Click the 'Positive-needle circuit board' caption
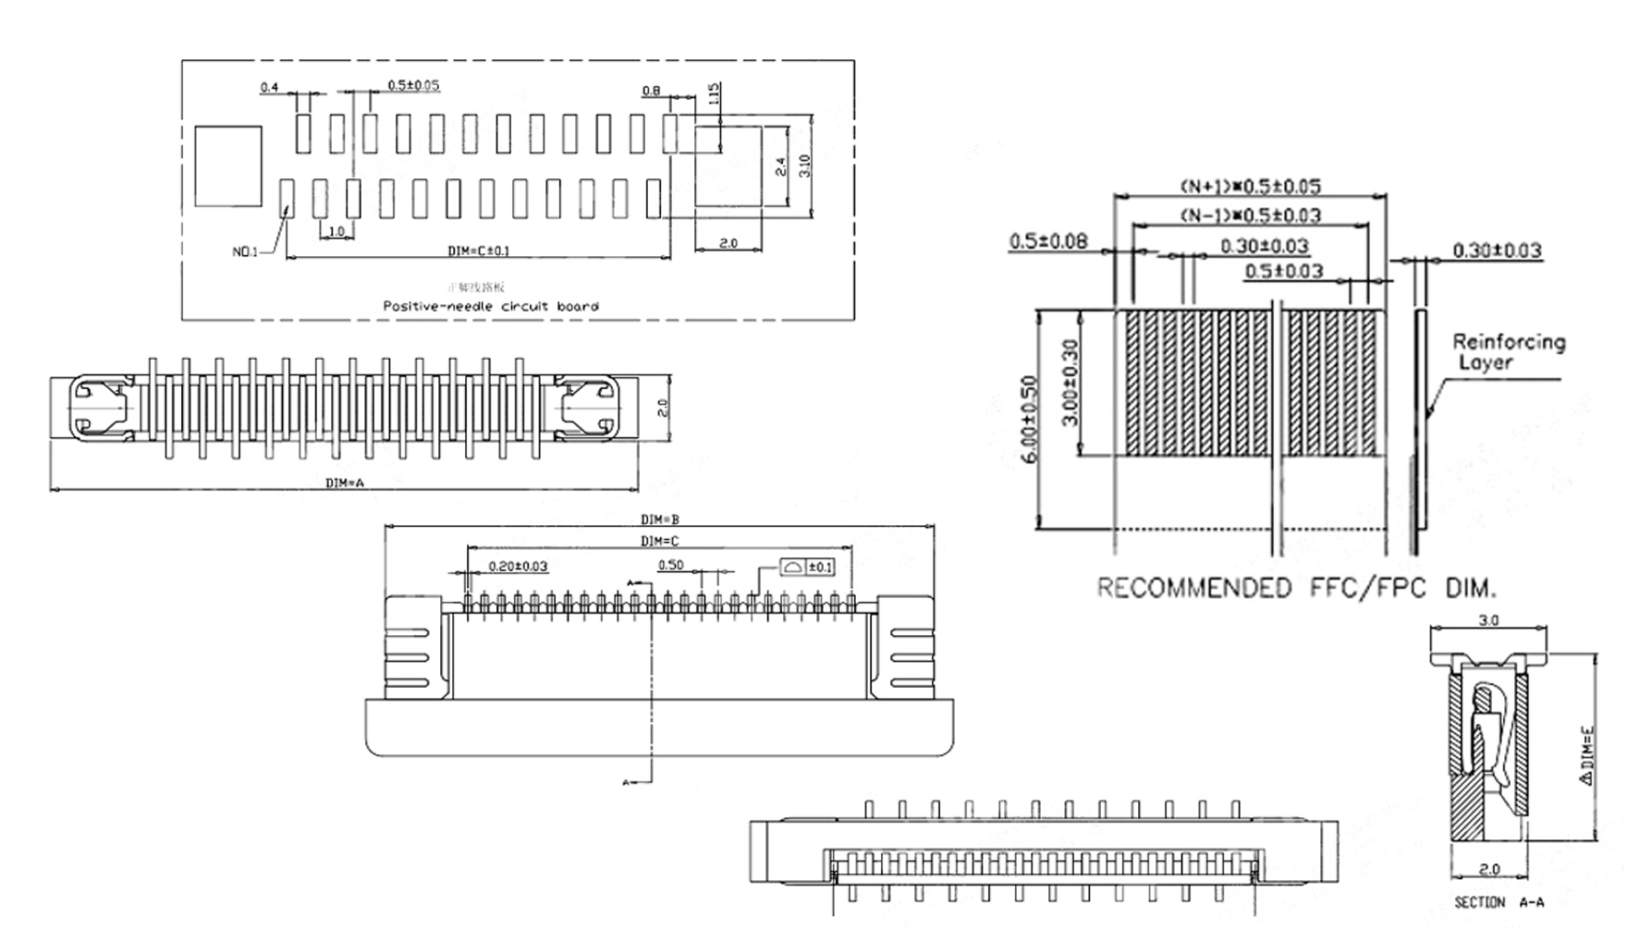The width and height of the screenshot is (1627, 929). (491, 306)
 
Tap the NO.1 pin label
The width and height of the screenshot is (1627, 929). (245, 251)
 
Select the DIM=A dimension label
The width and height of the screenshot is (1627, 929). (345, 483)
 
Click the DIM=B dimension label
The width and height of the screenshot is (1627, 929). (660, 520)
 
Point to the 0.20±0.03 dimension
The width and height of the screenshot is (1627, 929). (518, 566)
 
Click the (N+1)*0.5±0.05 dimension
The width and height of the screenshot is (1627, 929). (1250, 187)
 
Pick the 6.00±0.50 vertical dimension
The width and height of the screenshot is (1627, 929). (1033, 419)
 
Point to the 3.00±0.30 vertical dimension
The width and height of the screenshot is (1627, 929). (1070, 382)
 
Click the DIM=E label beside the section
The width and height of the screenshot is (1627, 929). (1587, 755)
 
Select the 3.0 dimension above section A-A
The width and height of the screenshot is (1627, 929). (1488, 620)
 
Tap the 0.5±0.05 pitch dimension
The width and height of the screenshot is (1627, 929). (413, 85)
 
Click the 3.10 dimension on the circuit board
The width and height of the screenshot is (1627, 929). (804, 165)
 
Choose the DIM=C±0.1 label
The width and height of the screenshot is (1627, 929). (478, 251)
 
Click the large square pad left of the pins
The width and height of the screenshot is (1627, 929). (228, 166)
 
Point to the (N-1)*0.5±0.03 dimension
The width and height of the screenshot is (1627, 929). (1250, 215)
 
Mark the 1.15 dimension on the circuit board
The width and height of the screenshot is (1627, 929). (713, 94)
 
